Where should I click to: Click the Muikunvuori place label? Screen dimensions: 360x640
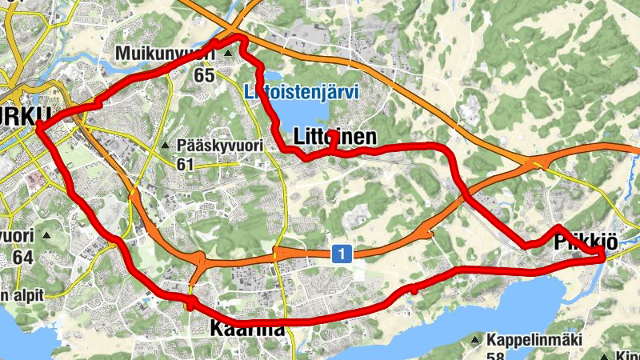point(166,53)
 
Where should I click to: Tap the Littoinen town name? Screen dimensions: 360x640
point(334,138)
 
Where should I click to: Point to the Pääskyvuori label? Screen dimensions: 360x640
point(214,146)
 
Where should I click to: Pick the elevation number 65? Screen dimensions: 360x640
point(205,74)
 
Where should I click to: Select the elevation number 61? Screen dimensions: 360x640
point(186,165)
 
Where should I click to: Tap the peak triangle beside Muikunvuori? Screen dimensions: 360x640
point(228,54)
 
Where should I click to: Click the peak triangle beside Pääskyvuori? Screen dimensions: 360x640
point(165,146)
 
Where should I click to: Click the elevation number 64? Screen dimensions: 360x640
point(22,258)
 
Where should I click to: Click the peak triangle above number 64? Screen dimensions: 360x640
point(46,235)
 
